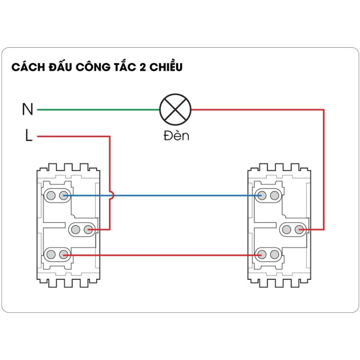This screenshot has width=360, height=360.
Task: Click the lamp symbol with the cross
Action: tap(175, 109)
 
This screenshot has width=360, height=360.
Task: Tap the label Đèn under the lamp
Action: tap(176, 135)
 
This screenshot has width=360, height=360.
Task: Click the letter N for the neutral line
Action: tap(27, 109)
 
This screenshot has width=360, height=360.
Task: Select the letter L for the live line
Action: tap(28, 136)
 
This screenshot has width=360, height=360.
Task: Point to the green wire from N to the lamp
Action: tap(99, 109)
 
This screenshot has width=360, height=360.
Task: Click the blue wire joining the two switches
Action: tap(180, 196)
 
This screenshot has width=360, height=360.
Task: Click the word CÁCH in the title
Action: tap(26, 67)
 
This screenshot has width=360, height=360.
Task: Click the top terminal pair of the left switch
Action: tap(57, 195)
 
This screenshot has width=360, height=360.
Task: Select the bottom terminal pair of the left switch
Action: tap(57, 255)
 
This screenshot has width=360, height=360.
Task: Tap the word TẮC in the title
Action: tap(120, 67)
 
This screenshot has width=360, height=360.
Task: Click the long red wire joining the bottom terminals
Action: tap(162, 255)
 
